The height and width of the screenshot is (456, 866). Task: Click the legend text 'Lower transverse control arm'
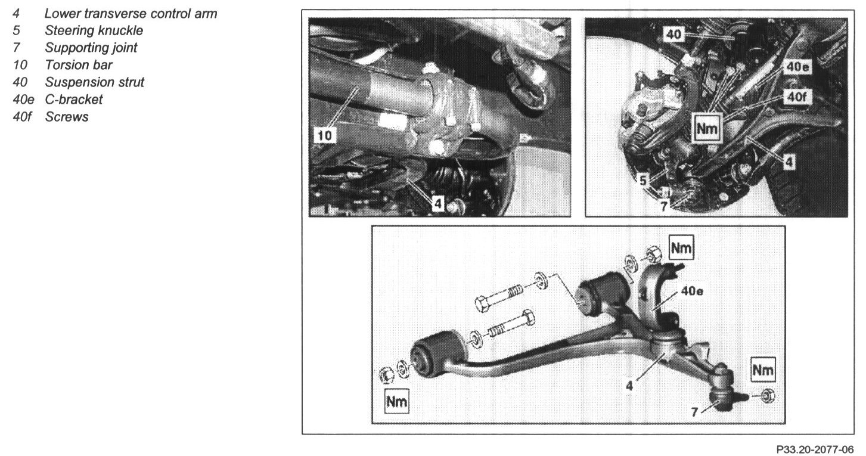tap(131, 14)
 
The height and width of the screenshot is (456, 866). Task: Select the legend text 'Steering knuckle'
tap(94, 30)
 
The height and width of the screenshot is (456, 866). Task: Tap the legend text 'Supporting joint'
tap(91, 48)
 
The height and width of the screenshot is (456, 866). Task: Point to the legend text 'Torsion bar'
tap(79, 65)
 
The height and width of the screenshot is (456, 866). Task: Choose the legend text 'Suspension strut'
tap(94, 82)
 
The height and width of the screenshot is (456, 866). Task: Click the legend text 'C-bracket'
tap(74, 100)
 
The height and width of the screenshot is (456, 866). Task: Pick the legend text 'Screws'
tap(67, 117)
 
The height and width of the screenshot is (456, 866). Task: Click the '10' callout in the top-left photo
tap(325, 136)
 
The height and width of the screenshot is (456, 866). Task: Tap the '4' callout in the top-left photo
tap(437, 203)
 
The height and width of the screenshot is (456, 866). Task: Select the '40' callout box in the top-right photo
tap(674, 35)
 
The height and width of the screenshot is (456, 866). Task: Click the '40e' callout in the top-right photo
tap(797, 67)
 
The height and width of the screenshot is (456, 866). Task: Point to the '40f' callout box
tap(797, 97)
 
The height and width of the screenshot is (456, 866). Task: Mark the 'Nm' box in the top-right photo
tap(707, 128)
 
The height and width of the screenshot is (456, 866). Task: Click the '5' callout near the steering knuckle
tap(643, 180)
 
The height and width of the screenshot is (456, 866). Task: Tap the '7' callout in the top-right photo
tap(664, 206)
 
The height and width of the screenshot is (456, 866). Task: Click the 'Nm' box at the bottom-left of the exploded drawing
tap(397, 401)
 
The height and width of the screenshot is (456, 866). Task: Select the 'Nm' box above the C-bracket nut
tap(681, 247)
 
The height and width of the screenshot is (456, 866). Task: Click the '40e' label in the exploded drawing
tap(692, 291)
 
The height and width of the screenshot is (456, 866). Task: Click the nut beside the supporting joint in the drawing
tap(768, 396)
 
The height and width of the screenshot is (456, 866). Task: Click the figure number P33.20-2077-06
tap(815, 449)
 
